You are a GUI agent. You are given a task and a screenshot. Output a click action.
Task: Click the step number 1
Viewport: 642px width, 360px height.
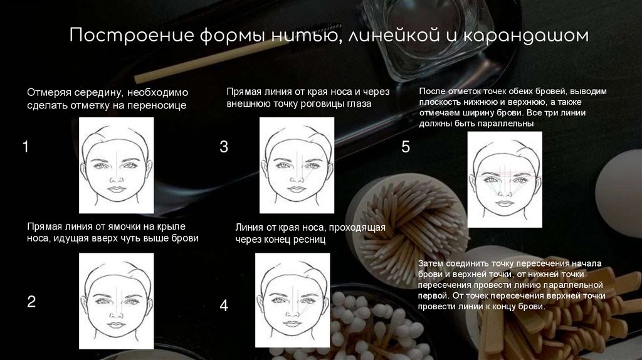pyautogui.click(x=25, y=147)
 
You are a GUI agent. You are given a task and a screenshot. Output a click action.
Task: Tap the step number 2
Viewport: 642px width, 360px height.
pyautogui.click(x=31, y=302)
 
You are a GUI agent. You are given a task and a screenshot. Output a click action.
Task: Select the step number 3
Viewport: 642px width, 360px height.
pyautogui.click(x=224, y=147)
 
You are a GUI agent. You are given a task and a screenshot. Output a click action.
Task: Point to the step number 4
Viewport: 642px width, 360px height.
pyautogui.click(x=224, y=305)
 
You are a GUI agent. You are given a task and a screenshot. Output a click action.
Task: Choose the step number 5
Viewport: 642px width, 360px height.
pyautogui.click(x=406, y=147)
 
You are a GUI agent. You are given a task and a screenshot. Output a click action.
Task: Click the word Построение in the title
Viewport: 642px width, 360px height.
pyautogui.click(x=132, y=35)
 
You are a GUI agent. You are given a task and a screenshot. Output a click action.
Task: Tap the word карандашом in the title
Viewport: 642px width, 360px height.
pyautogui.click(x=526, y=36)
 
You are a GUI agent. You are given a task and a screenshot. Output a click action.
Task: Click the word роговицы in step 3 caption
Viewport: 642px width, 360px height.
pyautogui.click(x=324, y=104)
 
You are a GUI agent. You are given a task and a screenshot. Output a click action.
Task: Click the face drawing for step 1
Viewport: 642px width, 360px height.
pyautogui.click(x=116, y=166)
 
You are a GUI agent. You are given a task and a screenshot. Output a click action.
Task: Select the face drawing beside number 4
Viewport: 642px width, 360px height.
pyautogui.click(x=292, y=300)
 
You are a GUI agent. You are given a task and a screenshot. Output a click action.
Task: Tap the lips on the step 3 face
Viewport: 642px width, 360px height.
pyautogui.click(x=297, y=189)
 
